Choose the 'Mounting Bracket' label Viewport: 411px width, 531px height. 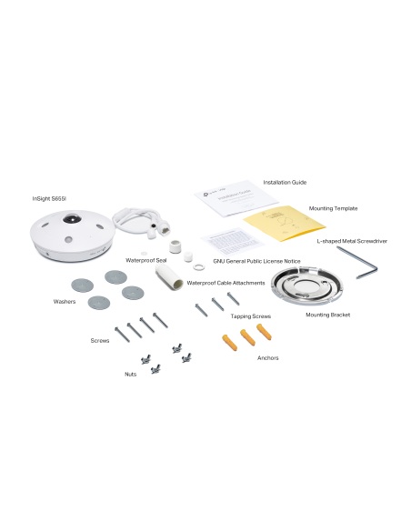327,315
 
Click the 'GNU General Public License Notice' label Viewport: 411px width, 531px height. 256,261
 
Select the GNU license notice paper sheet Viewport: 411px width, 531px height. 224,245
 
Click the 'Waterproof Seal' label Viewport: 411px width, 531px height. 145,260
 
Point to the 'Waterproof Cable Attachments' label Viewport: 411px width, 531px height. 226,283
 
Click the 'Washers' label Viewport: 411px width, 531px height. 64,299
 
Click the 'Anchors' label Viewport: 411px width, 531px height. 268,357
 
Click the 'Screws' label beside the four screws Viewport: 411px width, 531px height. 100,340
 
